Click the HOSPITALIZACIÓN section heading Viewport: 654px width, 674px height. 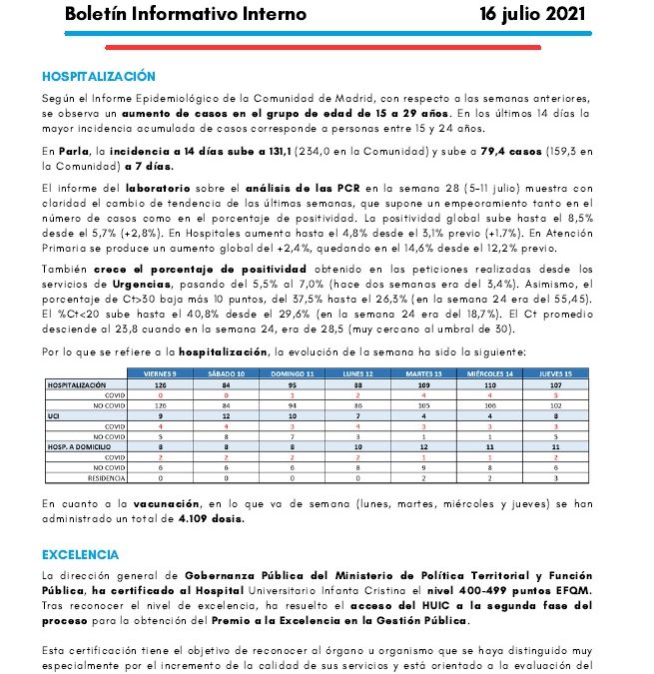point(99,76)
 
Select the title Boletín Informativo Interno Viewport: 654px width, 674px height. point(185,15)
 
